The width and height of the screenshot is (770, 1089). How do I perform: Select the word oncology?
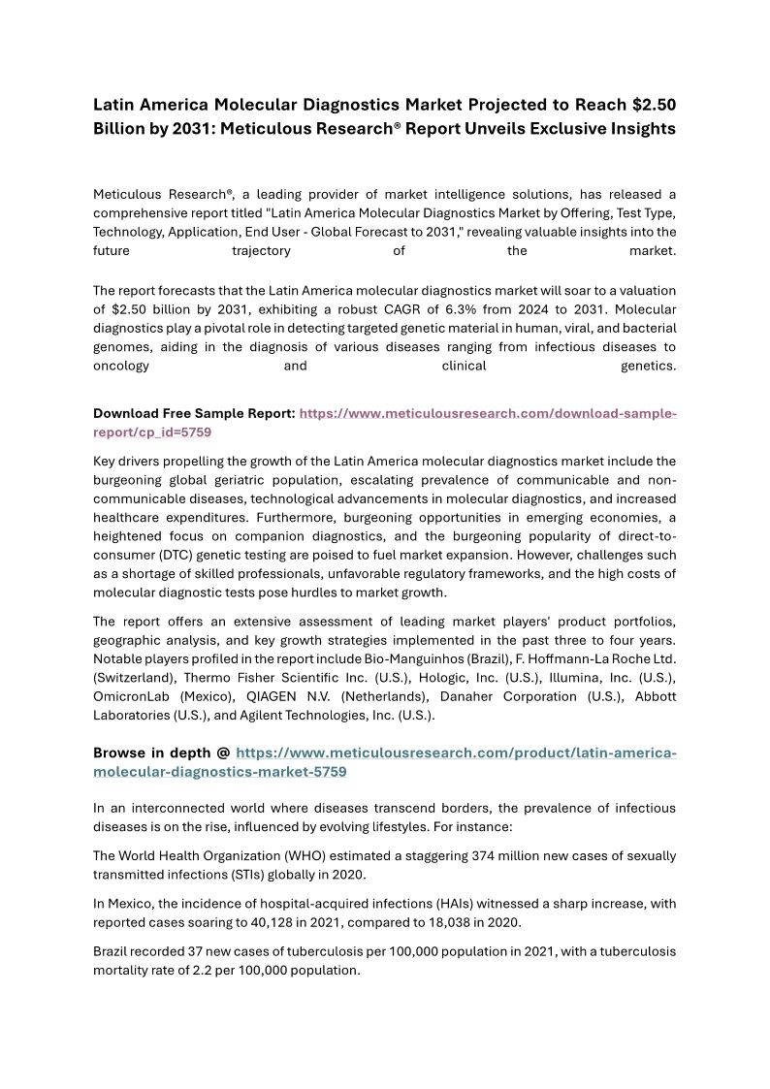121,366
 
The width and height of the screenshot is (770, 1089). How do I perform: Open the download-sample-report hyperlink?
487,414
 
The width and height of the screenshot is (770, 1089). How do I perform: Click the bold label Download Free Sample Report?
194,414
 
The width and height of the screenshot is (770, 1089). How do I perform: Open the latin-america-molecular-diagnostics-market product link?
456,753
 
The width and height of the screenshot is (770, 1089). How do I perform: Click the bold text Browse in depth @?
161,753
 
